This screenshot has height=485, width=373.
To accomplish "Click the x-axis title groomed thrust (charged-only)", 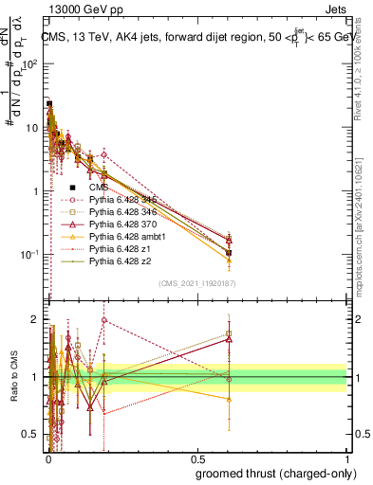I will coord(277,473).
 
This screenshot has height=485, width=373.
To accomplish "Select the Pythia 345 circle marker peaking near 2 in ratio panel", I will coord(104,320).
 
